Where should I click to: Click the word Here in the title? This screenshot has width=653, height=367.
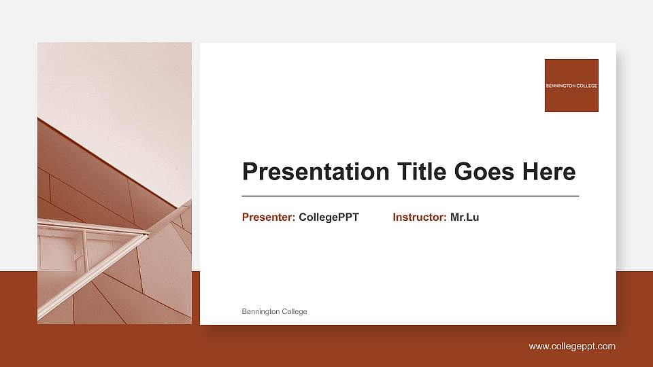pos(549,172)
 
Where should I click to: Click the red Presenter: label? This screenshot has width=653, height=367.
pos(268,217)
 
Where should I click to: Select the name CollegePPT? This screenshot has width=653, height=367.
pos(329,217)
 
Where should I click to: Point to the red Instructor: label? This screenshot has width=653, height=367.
pos(419,217)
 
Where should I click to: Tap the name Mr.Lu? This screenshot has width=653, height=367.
pos(465,217)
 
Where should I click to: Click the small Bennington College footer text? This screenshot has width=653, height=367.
pos(274,311)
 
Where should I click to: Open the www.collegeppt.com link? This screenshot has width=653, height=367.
pos(572,347)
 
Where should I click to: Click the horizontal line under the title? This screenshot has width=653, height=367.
pos(410,196)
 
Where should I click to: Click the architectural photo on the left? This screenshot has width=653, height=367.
pos(114,183)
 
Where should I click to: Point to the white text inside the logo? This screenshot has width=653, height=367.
pos(571,86)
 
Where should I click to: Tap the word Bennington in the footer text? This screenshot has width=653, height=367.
pos(261,311)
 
